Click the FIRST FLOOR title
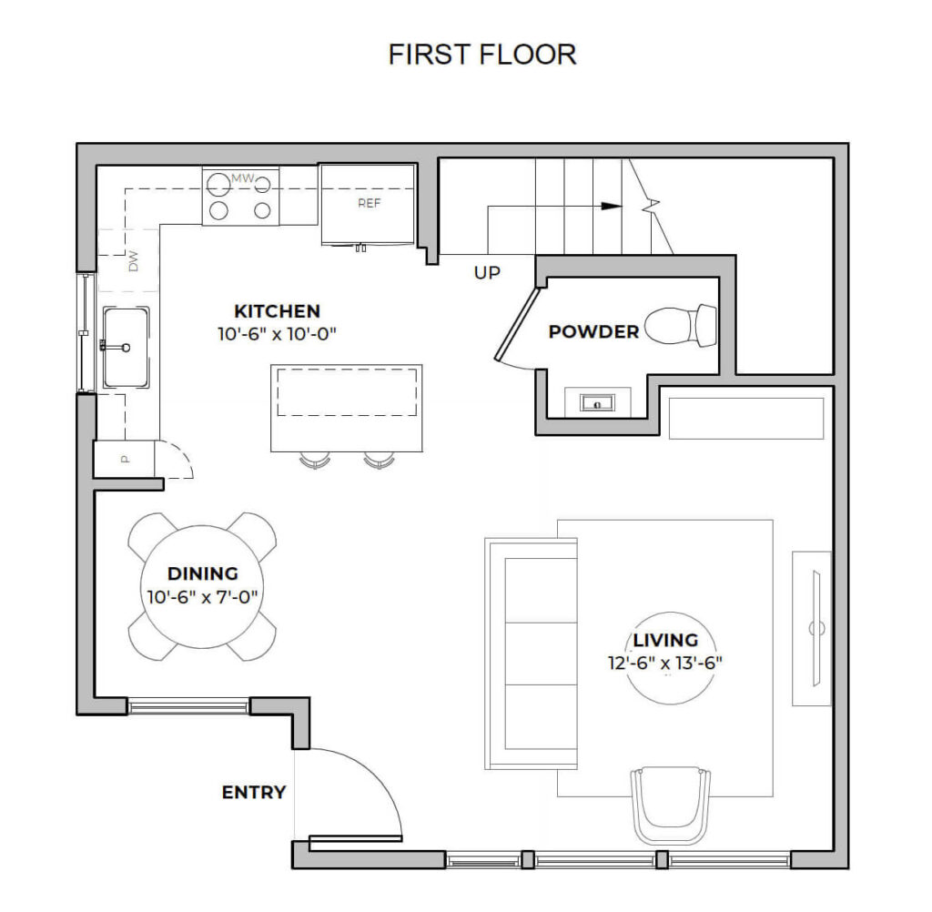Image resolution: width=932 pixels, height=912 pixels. click(x=482, y=55)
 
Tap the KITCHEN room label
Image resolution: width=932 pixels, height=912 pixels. click(x=277, y=311)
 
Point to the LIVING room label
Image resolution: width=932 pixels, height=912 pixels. click(x=665, y=640)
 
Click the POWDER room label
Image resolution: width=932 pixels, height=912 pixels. click(x=593, y=332)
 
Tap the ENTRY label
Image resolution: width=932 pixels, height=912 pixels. click(x=254, y=793)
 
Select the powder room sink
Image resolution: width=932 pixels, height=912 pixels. click(x=597, y=400)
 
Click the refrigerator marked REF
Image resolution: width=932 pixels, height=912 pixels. click(x=369, y=205)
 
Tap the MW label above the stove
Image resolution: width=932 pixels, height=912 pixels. click(x=241, y=178)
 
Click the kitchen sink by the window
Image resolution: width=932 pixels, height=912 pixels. click(x=126, y=347)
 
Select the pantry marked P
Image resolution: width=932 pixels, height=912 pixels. click(x=125, y=459)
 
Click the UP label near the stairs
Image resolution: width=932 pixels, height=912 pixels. click(x=487, y=272)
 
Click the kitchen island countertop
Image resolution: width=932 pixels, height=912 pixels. click(x=347, y=408)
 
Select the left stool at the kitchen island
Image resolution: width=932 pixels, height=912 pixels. click(x=314, y=461)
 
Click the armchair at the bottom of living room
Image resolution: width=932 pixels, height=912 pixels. click(x=671, y=806)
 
